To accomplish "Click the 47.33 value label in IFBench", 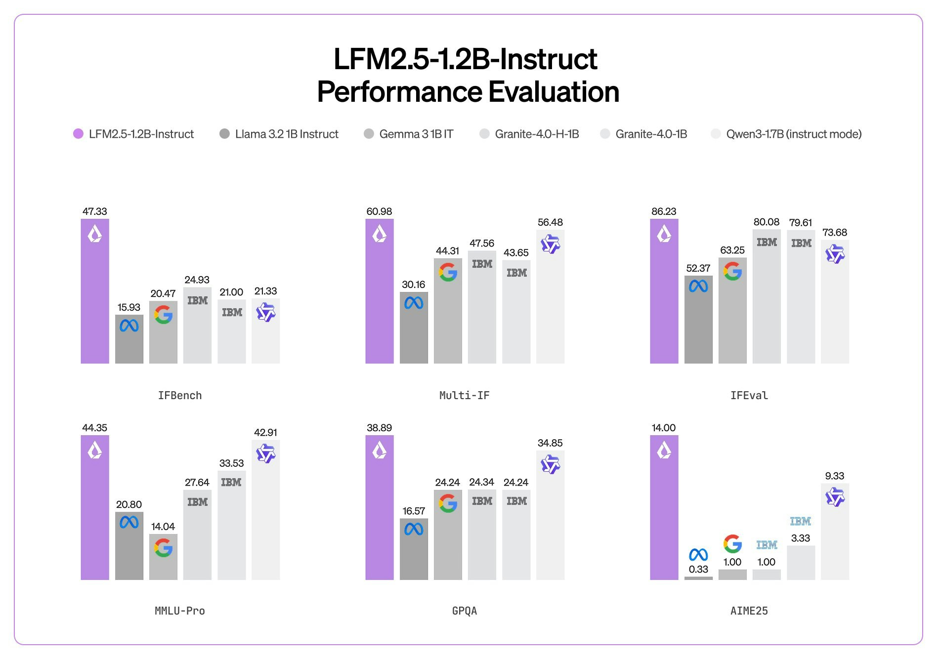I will [94, 211].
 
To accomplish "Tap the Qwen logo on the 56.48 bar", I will [550, 244].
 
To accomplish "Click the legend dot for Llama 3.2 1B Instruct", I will [224, 134].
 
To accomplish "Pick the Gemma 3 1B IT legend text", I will [416, 134].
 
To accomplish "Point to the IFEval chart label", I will [749, 395].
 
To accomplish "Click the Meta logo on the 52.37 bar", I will [698, 286].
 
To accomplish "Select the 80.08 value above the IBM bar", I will [766, 222].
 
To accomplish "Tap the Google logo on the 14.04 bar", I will [163, 547].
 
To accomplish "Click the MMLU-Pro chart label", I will [179, 611].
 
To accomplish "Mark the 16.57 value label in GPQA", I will [414, 511].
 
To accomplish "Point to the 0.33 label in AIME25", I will [698, 569].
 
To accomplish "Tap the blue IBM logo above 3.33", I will [800, 521].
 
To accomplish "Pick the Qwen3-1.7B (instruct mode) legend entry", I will [793, 134].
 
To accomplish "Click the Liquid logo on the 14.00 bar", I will [664, 450].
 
